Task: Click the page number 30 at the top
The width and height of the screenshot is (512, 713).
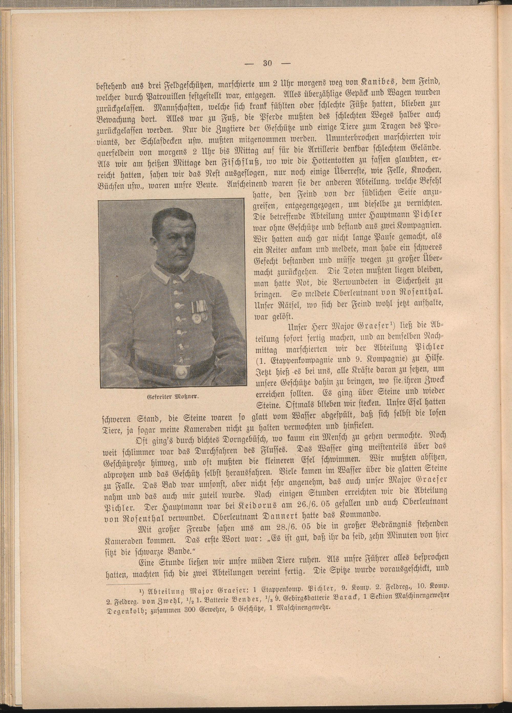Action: (267, 64)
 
